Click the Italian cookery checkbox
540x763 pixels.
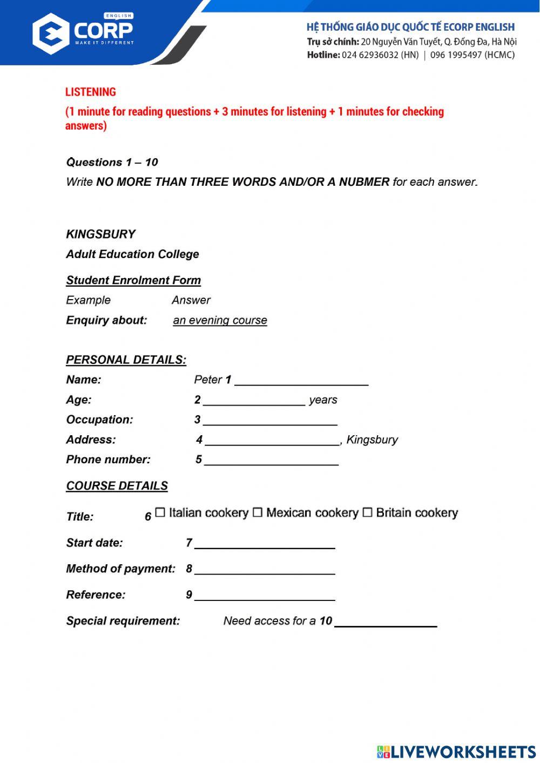click(160, 512)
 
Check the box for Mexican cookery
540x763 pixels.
click(258, 512)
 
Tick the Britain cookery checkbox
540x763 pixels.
click(367, 512)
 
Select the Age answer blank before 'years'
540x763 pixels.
click(254, 401)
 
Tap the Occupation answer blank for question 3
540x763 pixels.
click(270, 421)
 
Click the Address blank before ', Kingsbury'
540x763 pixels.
click(272, 441)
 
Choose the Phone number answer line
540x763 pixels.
click(271, 461)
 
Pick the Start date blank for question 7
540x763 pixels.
click(265, 544)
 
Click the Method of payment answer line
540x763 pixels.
click(265, 570)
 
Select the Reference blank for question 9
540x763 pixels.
click(265, 596)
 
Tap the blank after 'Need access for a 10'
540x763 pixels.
click(386, 622)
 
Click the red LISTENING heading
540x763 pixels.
click(91, 92)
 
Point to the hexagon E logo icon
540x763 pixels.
click(51, 33)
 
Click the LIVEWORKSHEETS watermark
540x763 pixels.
click(456, 752)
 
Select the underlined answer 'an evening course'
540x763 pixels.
click(220, 320)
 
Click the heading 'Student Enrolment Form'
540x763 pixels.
click(133, 280)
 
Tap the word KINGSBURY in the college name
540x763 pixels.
click(101, 234)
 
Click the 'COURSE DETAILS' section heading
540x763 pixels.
click(117, 486)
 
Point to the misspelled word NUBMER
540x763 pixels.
click(364, 182)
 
